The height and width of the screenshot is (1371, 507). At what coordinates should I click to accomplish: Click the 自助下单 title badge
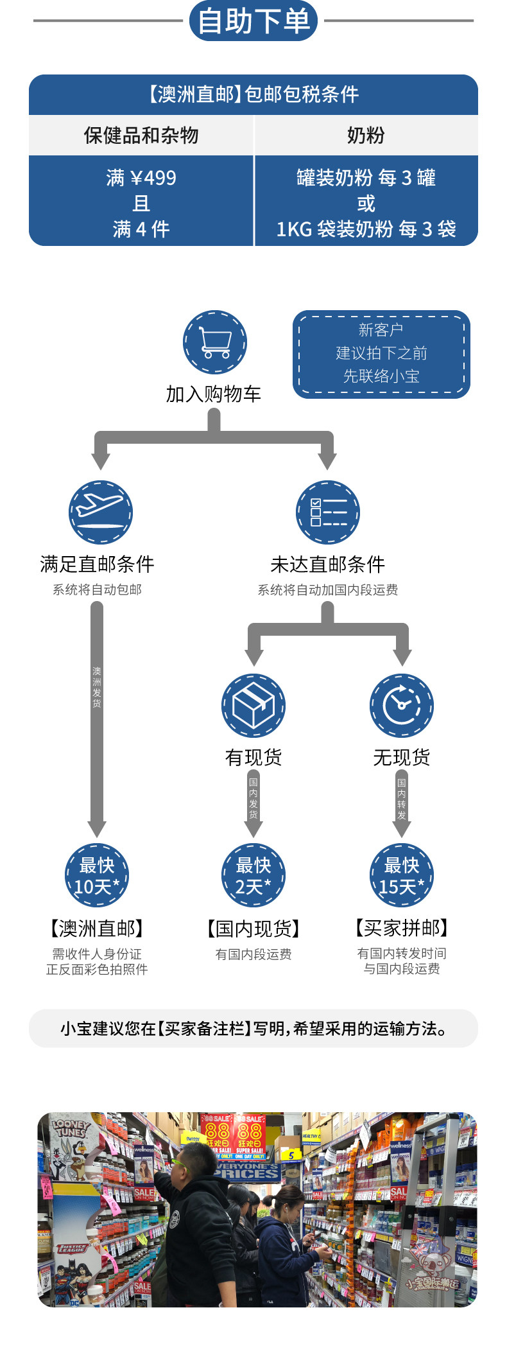253,21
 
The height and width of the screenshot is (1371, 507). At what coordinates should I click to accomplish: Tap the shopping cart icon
214,342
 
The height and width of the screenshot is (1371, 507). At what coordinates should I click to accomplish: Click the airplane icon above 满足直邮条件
100,512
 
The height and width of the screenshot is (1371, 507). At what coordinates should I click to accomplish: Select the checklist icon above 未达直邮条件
327,512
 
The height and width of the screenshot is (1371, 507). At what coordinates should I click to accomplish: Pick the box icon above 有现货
253,705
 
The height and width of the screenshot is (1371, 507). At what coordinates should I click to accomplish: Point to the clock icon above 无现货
401,705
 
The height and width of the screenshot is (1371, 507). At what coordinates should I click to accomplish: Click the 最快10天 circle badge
97,875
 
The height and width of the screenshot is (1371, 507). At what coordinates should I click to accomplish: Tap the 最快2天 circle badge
253,875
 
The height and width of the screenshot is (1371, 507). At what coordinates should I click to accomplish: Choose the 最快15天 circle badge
401,875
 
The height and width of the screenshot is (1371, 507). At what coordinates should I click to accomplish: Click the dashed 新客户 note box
381,354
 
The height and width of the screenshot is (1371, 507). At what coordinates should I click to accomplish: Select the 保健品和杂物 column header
141,135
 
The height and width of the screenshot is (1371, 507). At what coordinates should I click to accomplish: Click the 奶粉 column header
366,135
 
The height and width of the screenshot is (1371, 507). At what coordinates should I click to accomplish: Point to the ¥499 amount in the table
153,178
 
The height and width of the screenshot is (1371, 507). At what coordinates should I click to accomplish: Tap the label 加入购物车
214,394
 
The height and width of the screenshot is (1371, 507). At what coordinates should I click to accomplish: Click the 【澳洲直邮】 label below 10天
97,928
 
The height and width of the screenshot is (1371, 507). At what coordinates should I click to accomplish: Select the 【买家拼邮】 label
401,928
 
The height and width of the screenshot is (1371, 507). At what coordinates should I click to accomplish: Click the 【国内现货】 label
253,928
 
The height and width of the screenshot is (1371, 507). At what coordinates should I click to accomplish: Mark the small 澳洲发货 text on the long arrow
97,687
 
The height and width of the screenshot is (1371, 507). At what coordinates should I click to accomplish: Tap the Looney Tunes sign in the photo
71,1129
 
